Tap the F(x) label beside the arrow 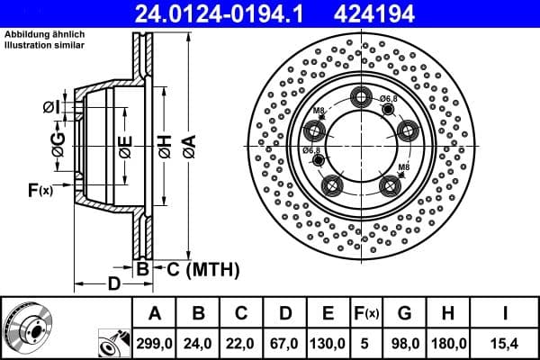click(40, 190)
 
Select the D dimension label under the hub click(113, 284)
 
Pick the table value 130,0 click(328, 342)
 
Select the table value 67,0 click(286, 342)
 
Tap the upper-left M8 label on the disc click(319, 111)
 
